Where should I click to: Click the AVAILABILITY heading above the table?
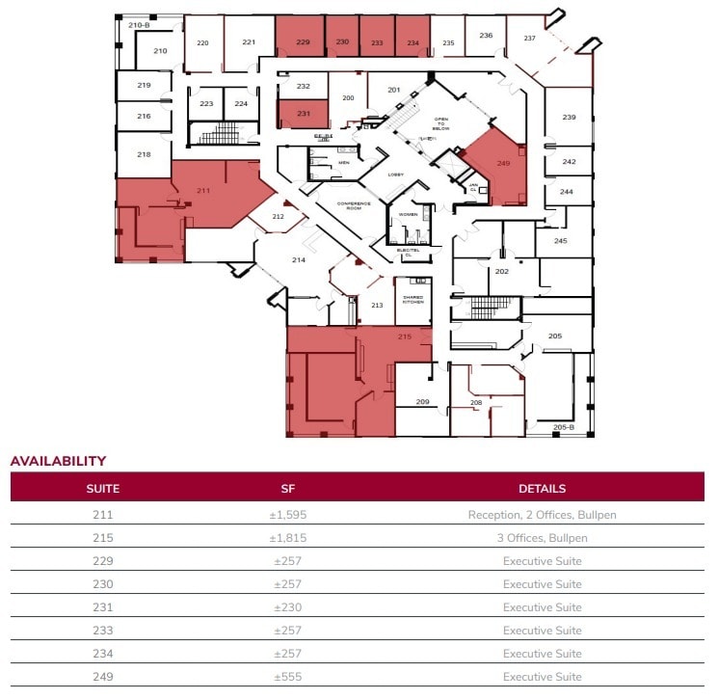58,461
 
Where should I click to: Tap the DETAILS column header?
542,488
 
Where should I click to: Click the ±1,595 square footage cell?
287,515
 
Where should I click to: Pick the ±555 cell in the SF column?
287,677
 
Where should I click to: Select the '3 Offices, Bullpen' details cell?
542,538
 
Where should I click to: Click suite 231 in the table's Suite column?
102,607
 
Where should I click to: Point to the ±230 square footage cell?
287,607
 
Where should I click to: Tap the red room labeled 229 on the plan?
303,42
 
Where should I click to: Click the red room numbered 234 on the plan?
412,42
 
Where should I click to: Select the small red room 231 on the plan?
303,114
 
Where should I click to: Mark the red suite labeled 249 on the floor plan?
502,164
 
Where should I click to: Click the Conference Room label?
354,206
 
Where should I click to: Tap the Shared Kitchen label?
412,300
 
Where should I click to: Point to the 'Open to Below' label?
441,122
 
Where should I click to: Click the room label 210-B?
138,24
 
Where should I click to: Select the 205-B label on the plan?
563,427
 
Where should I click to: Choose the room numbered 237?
529,38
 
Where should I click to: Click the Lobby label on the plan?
395,175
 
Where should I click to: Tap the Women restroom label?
409,215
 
